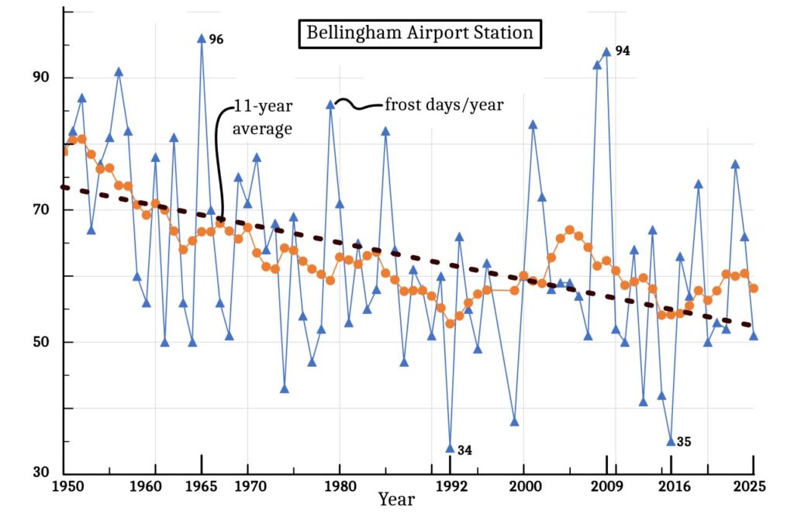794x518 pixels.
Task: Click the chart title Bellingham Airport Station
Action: coord(419,33)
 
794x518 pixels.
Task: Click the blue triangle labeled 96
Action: coord(202,38)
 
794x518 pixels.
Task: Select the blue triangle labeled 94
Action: coord(606,51)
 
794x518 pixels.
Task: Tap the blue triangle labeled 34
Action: coord(450,448)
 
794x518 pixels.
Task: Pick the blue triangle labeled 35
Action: coord(671,441)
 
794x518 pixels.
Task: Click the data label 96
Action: coord(216,39)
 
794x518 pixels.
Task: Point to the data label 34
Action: coord(464,449)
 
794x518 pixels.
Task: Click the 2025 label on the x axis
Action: coord(751,487)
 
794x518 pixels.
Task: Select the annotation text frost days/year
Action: coord(444,105)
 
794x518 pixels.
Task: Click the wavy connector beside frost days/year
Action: coord(358,104)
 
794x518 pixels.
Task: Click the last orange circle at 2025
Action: coord(754,288)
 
